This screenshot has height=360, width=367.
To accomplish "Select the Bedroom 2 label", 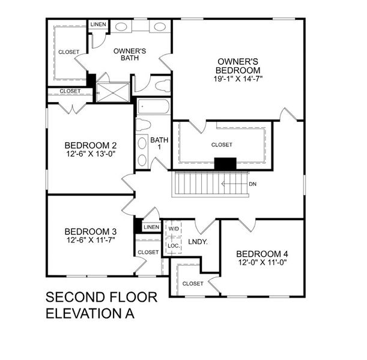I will click(x=90, y=145).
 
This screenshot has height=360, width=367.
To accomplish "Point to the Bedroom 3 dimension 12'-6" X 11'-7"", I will click(x=90, y=239).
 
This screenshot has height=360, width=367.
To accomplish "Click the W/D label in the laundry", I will click(x=173, y=229).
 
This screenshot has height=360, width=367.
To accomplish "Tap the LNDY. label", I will click(x=198, y=242).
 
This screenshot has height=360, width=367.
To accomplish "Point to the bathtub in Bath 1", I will click(x=153, y=107).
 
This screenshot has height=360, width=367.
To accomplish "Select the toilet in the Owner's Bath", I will click(x=162, y=85).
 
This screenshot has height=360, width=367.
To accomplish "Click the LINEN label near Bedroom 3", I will click(x=151, y=227).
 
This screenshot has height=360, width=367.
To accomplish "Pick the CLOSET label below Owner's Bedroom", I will click(x=222, y=145).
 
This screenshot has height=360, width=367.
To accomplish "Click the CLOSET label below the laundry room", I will click(x=192, y=283).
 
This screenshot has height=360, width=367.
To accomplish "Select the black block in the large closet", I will click(x=226, y=163).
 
